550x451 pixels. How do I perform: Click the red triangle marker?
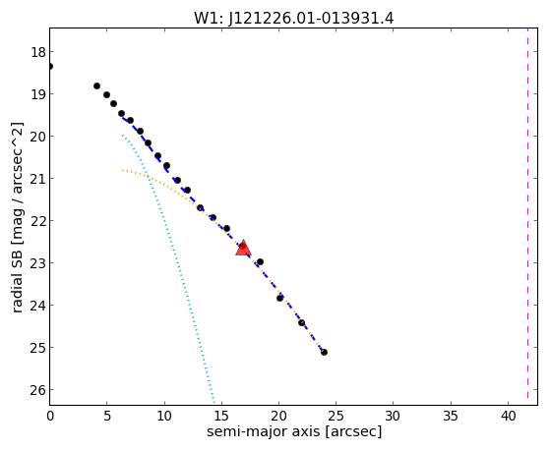243,249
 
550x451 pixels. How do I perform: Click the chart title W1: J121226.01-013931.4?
294,19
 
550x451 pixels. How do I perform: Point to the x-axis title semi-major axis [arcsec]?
294,431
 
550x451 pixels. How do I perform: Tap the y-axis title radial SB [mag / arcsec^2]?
18,217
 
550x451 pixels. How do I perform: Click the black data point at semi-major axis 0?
50,66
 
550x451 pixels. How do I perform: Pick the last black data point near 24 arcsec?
324,352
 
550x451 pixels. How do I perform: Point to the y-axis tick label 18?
37,52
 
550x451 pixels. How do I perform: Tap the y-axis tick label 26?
37,390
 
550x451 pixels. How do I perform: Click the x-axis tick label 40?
509,417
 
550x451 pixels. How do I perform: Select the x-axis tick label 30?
393,417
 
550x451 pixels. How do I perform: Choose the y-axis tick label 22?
37,221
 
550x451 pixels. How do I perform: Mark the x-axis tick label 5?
107,417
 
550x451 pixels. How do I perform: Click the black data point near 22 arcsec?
302,322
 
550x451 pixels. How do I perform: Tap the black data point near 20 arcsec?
279,299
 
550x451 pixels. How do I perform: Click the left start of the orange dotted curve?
122,170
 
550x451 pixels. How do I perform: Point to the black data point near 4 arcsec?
96,85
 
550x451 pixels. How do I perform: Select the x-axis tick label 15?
221,417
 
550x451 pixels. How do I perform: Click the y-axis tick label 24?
37,306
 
